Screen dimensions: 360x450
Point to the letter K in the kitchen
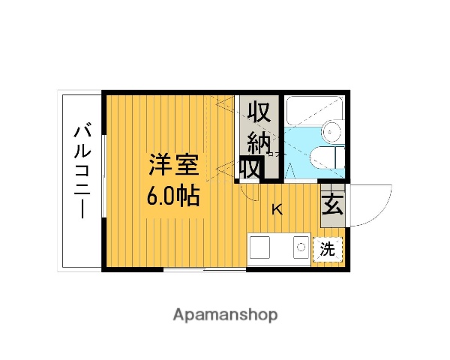click(x=277, y=209)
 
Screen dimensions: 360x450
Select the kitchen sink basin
click(x=262, y=247)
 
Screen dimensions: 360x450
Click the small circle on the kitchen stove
click(x=301, y=245)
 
